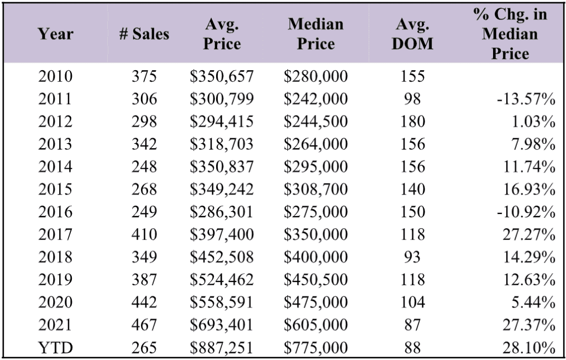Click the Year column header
[x=56, y=34]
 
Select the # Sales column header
[x=144, y=34]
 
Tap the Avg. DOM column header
[x=412, y=34]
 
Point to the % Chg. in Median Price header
[x=510, y=34]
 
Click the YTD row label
[x=56, y=348]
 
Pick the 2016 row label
[x=56, y=212]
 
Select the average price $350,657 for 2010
[x=222, y=76]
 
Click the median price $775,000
[x=316, y=348]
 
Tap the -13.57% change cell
[x=526, y=99]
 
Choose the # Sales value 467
[x=144, y=325]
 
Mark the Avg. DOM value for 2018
[x=412, y=257]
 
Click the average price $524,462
[x=222, y=279]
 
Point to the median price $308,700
[x=316, y=189]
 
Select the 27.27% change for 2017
[x=529, y=234]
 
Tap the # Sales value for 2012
[x=144, y=121]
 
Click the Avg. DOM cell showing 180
[x=412, y=121]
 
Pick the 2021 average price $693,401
[x=222, y=325]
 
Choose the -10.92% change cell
[x=526, y=212]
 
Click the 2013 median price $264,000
[x=316, y=144]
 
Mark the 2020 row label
[x=56, y=302]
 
